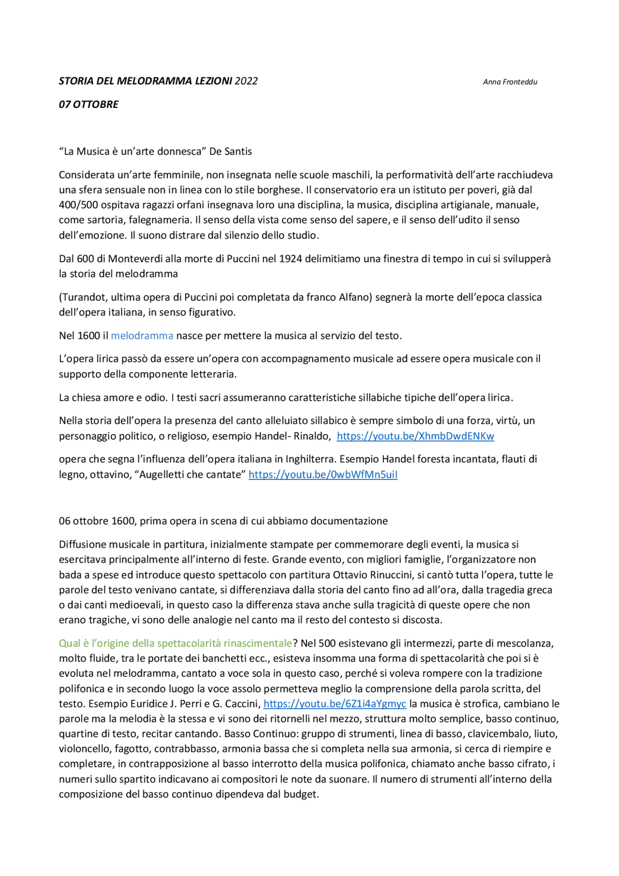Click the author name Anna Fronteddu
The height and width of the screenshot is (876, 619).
(510, 82)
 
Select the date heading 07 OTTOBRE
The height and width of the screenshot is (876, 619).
(88, 104)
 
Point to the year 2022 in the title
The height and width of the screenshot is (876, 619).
(246, 81)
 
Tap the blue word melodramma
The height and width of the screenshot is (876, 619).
(142, 336)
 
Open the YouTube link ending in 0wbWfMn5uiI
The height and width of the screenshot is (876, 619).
(323, 475)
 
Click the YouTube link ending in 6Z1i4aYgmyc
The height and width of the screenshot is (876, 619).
(334, 704)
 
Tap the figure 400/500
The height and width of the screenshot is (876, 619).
(78, 205)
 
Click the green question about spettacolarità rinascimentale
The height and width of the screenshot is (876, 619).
(175, 643)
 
